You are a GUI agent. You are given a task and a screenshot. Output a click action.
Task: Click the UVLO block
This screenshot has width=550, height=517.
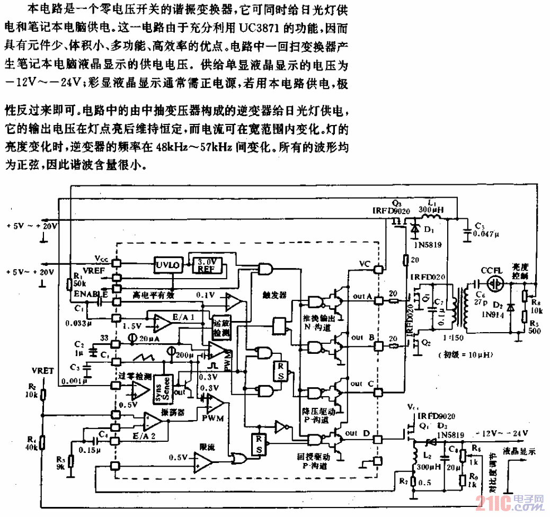(x=166, y=264)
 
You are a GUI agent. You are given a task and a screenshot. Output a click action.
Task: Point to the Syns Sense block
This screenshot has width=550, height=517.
(x=161, y=390)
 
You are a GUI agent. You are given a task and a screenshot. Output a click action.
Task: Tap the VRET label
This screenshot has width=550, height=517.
(x=42, y=371)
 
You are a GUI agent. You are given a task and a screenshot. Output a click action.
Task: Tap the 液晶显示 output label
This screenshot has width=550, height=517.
(x=520, y=452)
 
